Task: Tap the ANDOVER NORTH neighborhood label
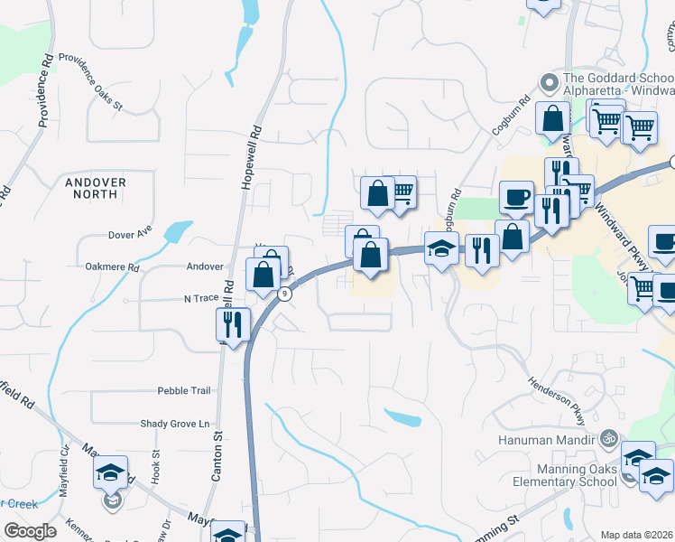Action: [96, 188]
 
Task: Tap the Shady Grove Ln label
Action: [174, 423]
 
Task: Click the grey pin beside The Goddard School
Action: [548, 83]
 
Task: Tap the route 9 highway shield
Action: [285, 294]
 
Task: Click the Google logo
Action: [29, 531]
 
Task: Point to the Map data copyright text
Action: [637, 535]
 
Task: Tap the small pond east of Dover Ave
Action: [179, 232]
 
